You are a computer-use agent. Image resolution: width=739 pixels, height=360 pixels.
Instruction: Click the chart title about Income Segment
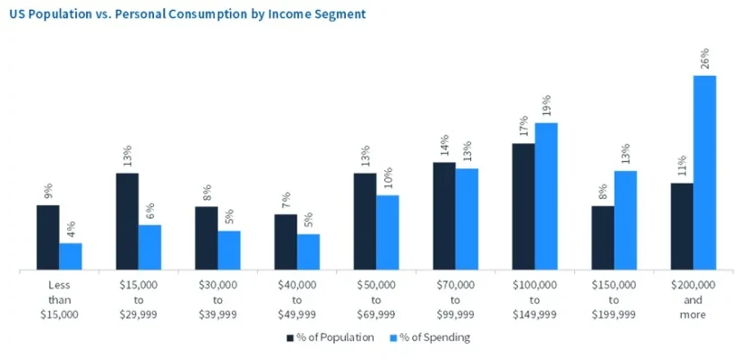pyautogui.click(x=187, y=15)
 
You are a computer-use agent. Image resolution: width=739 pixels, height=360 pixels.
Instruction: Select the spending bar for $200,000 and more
pyautogui.click(x=705, y=172)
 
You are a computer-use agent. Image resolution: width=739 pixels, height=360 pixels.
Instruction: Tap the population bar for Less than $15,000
pyautogui.click(x=47, y=237)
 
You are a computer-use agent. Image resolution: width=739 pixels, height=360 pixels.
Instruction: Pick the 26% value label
pyautogui.click(x=705, y=59)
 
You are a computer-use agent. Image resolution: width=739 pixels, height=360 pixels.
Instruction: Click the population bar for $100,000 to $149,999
pyautogui.click(x=523, y=206)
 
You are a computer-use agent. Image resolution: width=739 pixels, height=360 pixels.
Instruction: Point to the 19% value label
pyautogui.click(x=546, y=106)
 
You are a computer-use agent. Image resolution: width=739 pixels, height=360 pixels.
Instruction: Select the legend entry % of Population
pyautogui.click(x=331, y=338)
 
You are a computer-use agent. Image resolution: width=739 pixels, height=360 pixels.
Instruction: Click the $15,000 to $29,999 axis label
pyautogui.click(x=139, y=299)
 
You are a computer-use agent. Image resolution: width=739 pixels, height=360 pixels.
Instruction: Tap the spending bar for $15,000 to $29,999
pyautogui.click(x=150, y=246)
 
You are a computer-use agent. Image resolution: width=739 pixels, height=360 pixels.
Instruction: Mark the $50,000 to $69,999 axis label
pyautogui.click(x=376, y=299)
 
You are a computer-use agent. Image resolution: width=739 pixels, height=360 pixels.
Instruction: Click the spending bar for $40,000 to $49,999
pyautogui.click(x=308, y=252)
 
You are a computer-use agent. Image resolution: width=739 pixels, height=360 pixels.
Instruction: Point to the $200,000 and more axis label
pyautogui.click(x=693, y=299)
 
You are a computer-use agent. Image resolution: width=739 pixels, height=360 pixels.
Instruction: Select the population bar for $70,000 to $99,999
pyautogui.click(x=444, y=216)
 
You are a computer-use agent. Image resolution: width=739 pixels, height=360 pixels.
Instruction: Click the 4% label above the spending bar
pyautogui.click(x=71, y=228)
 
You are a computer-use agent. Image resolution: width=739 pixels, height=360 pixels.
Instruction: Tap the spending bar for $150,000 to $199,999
pyautogui.click(x=625, y=220)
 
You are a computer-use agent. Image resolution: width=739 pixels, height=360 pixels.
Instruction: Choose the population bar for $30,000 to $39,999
pyautogui.click(x=206, y=238)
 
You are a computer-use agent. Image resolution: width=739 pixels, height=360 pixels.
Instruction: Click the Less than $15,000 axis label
pyautogui.click(x=59, y=299)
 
